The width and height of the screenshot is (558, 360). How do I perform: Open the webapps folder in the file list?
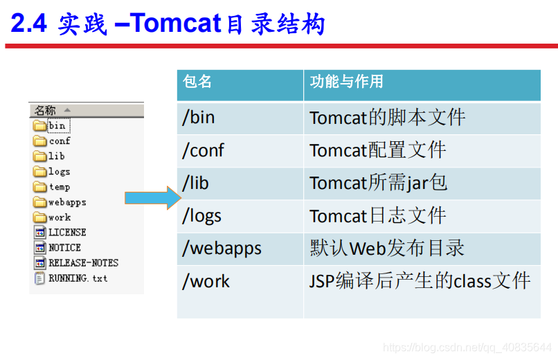pyautogui.click(x=67, y=202)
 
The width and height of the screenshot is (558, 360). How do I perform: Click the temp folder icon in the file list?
pyautogui.click(x=39, y=187)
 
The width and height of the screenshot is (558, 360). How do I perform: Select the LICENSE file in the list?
pyautogui.click(x=67, y=233)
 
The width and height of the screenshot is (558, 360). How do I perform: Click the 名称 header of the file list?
pyautogui.click(x=46, y=110)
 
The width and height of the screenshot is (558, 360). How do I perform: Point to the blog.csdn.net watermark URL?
pyautogui.click(x=467, y=347)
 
